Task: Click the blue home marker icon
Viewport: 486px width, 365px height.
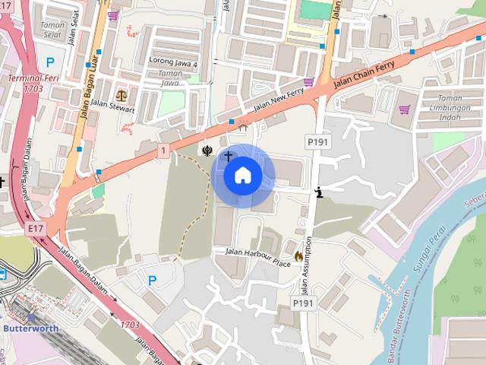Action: pos(243,176)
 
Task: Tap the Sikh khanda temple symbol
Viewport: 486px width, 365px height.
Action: pos(206,150)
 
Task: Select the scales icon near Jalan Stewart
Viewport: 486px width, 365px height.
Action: pos(122,98)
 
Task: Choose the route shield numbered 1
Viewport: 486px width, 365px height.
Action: pos(163,151)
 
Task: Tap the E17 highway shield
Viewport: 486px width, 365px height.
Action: pos(35,227)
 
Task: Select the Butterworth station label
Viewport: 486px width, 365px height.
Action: pos(30,328)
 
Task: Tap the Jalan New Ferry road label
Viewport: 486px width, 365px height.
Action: pos(278,101)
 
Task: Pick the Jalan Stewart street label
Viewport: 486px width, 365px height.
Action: pos(112,109)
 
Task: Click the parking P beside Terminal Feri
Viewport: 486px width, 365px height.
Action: pos(50,62)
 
